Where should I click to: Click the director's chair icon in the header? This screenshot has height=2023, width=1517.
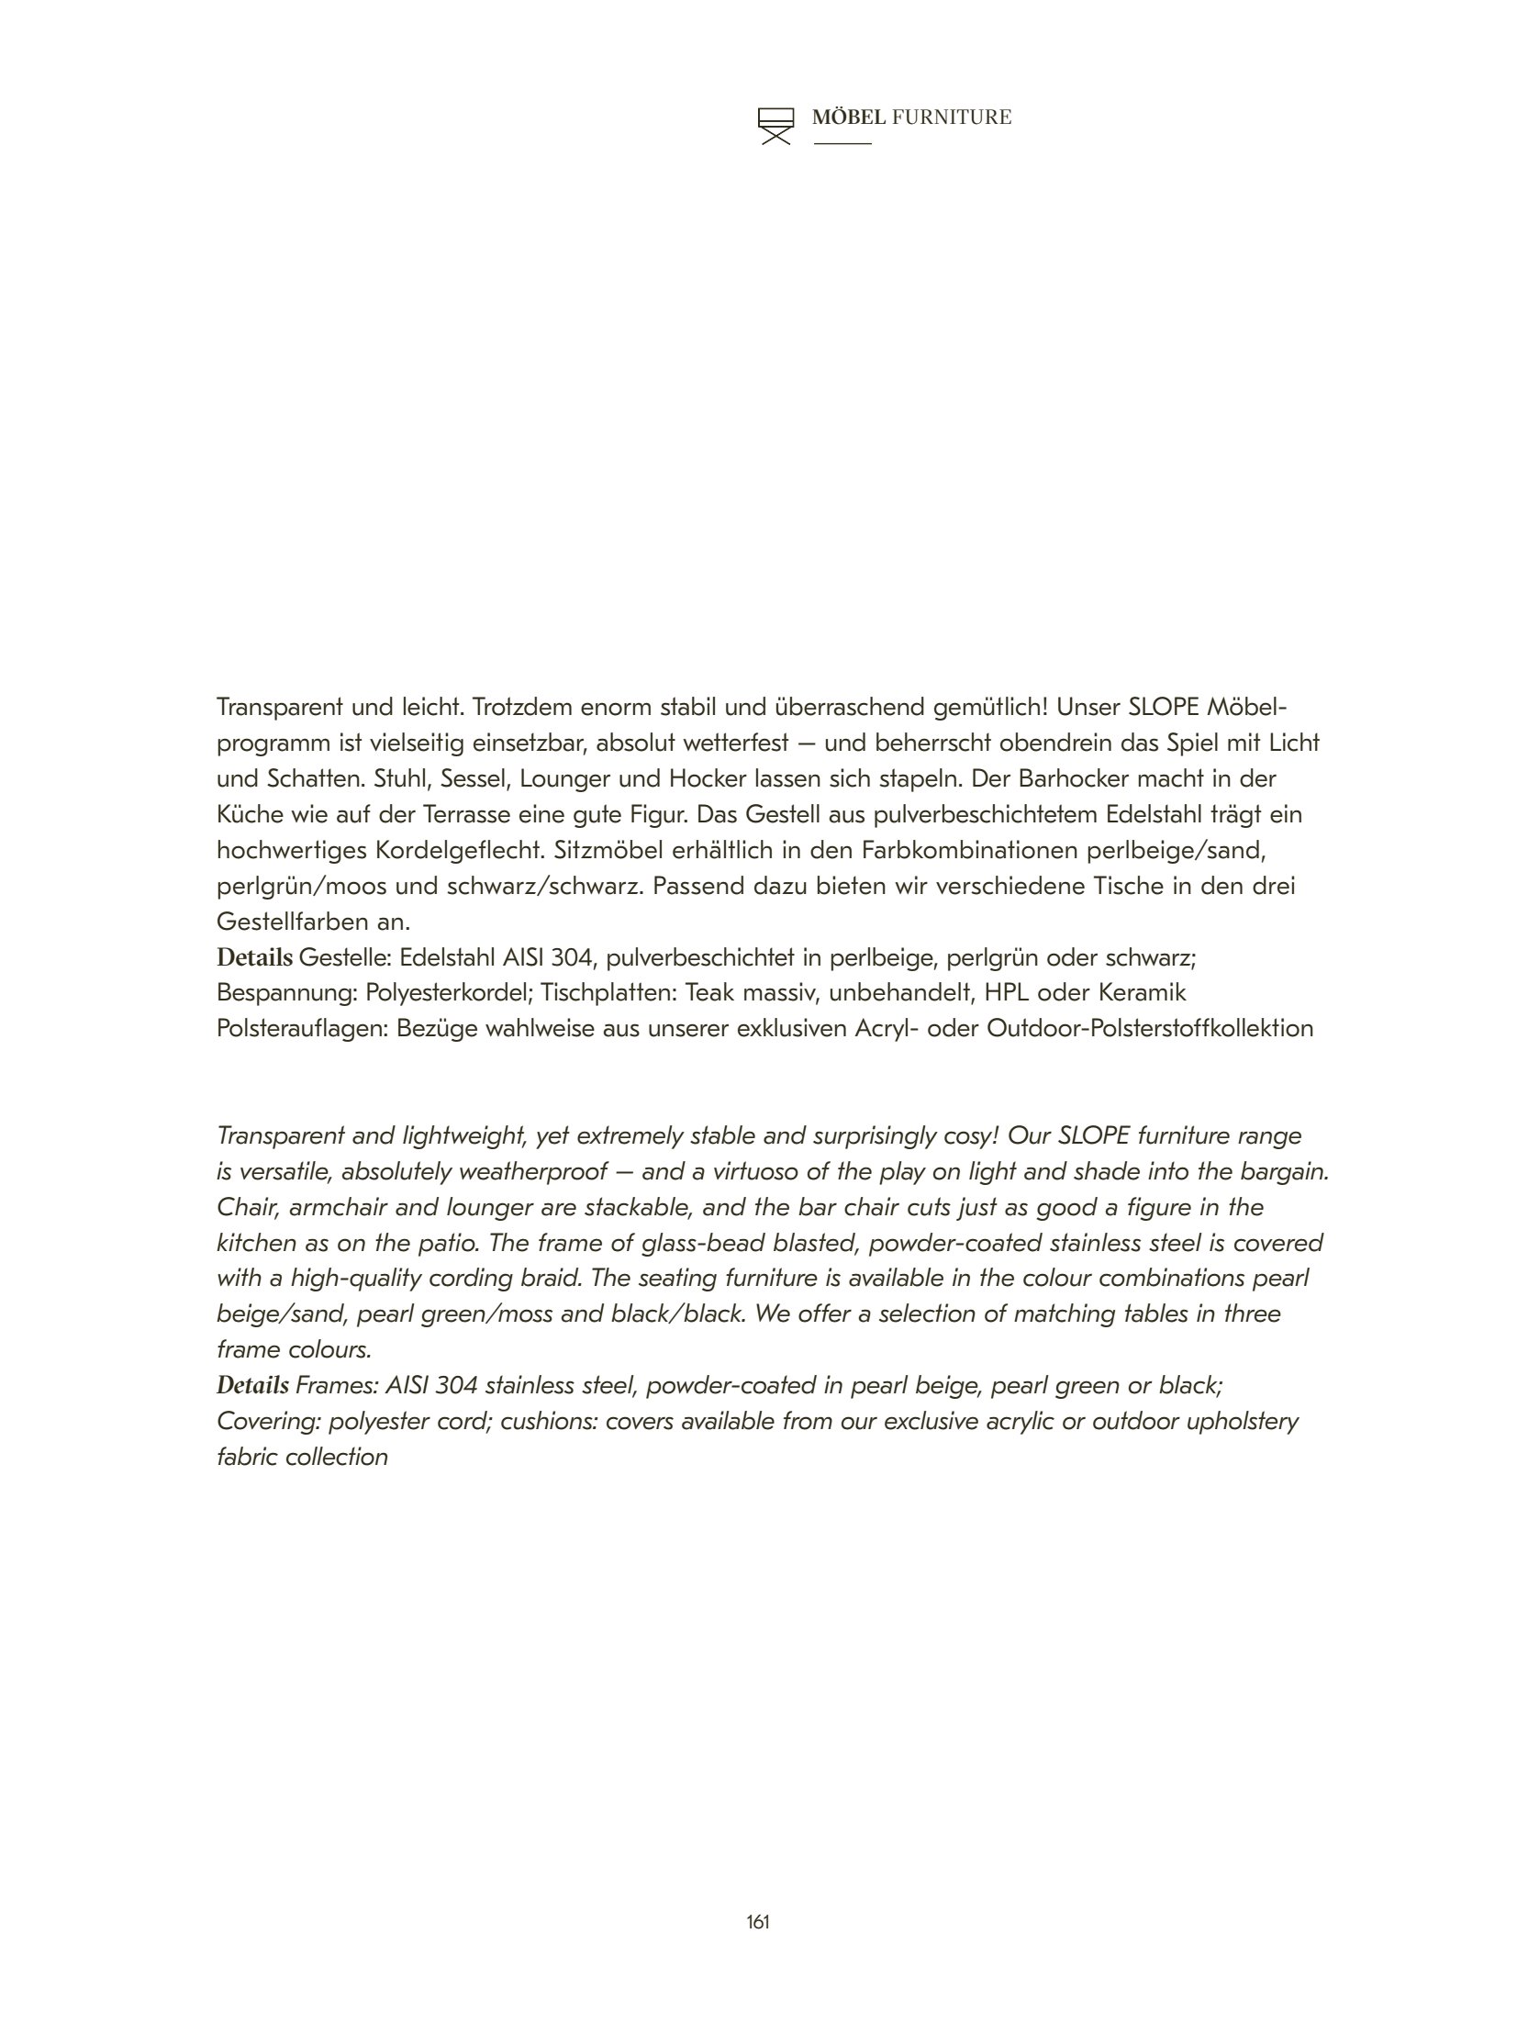click(x=775, y=126)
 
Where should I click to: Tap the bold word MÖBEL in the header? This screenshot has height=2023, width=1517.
click(x=849, y=117)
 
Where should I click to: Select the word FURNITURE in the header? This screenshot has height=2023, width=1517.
click(x=952, y=117)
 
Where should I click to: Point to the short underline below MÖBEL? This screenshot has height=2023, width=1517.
click(x=842, y=144)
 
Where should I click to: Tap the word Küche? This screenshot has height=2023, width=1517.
click(x=249, y=814)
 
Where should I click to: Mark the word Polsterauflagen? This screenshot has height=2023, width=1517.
click(x=303, y=1028)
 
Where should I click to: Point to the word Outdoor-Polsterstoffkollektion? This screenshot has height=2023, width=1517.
click(x=1150, y=1028)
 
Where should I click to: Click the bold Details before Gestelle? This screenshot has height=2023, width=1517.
click(x=254, y=957)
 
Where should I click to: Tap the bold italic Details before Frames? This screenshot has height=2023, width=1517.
click(x=252, y=1385)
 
